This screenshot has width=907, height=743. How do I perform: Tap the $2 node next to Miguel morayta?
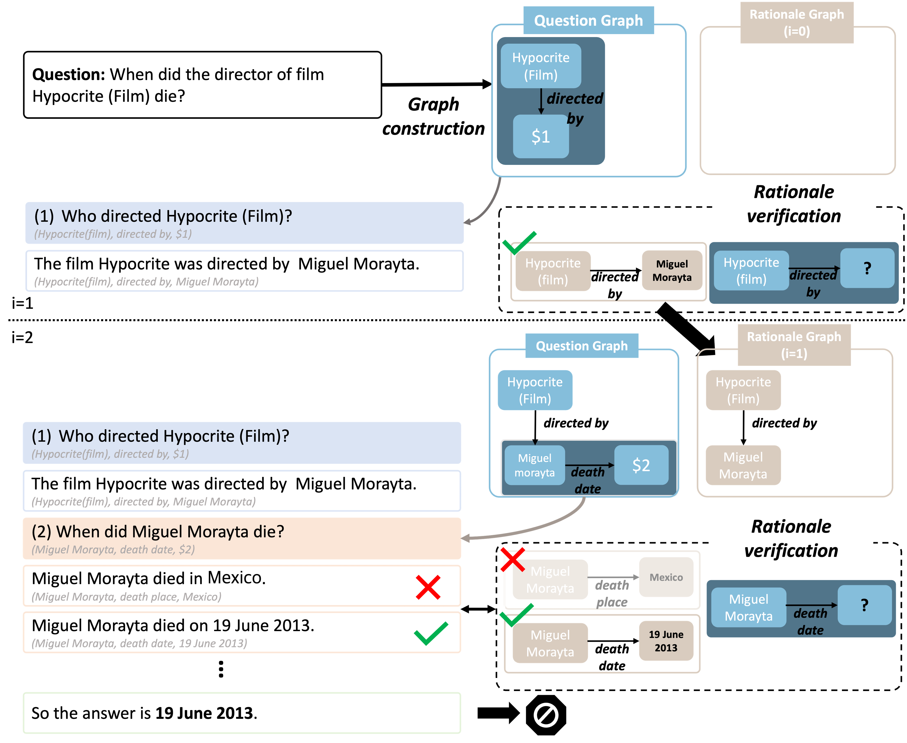641,465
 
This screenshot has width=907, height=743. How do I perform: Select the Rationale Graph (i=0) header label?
797,22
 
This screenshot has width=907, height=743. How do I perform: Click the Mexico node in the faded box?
666,577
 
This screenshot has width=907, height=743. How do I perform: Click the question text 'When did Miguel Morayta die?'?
170,531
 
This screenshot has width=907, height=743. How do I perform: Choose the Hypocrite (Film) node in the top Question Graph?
541,66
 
